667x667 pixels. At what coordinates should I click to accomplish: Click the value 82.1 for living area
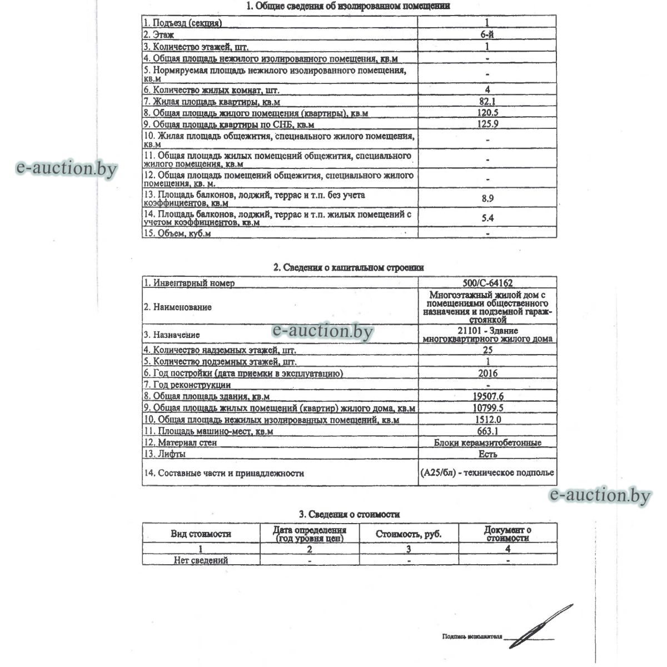(487, 101)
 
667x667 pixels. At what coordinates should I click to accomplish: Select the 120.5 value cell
(487, 113)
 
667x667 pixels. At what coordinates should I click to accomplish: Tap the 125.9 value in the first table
(487, 124)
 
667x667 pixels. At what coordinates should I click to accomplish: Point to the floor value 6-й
(487, 34)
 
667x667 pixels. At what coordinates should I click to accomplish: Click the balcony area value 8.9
(487, 198)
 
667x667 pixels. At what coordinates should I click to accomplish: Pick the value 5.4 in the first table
(487, 218)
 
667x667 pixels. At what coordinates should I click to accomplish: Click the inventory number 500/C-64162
(487, 283)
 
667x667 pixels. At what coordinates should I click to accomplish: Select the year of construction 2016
(487, 374)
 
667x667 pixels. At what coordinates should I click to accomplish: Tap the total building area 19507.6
(487, 396)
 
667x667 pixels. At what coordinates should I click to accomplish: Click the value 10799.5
(487, 408)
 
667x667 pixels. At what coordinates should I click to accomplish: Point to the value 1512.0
(487, 420)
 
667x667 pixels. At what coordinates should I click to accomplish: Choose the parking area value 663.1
(487, 431)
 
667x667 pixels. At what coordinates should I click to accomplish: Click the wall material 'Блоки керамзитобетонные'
(487, 442)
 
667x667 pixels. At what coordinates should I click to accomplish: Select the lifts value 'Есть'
(487, 454)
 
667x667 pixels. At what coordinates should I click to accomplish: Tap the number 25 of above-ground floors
(487, 350)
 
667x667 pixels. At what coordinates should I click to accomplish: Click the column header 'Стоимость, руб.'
(409, 534)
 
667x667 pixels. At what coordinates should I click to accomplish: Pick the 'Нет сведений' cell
(201, 560)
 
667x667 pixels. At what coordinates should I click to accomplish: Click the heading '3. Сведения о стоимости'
(349, 515)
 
